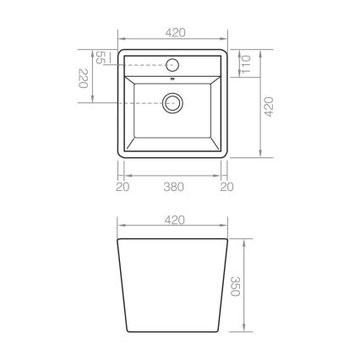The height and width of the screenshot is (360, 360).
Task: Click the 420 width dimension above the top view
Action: (x=175, y=32)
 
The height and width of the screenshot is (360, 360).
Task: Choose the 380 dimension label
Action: (x=175, y=187)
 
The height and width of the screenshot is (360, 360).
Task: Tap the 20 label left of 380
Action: (x=123, y=187)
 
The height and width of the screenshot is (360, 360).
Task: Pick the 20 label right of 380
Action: (x=226, y=187)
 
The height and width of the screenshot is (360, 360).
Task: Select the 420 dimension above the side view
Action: (x=175, y=220)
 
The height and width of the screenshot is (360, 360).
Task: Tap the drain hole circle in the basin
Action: (x=173, y=103)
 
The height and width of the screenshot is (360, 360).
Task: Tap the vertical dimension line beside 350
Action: (x=245, y=287)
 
